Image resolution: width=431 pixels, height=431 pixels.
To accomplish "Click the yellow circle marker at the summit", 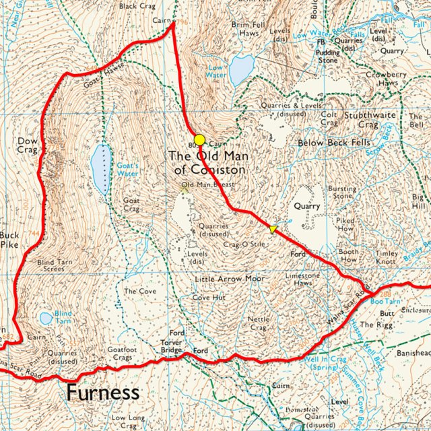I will pos(199,140).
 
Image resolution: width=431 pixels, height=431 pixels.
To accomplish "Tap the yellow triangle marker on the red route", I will pos(273,230).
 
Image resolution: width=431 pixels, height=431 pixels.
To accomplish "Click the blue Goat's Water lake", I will pos(101,169).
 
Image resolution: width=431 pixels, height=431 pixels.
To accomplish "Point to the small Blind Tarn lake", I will pos(46,318).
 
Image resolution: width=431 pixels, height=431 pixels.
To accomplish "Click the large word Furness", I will pos(102,392).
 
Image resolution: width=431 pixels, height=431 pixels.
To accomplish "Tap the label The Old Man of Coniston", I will pos(207,163).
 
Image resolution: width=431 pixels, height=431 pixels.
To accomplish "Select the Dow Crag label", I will pos(28,146).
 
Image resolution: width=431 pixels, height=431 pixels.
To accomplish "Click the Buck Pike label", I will pos(10,240).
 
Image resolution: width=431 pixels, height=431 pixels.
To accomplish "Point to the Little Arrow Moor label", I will pos(230,278).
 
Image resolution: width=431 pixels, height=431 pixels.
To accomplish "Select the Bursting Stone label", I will pos(342,193).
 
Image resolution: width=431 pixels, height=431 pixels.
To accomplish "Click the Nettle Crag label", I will pos(259,323).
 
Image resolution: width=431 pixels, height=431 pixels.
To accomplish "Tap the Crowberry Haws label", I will pos(387,78).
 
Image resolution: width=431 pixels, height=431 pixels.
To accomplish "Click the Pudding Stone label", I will pos(328,55).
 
